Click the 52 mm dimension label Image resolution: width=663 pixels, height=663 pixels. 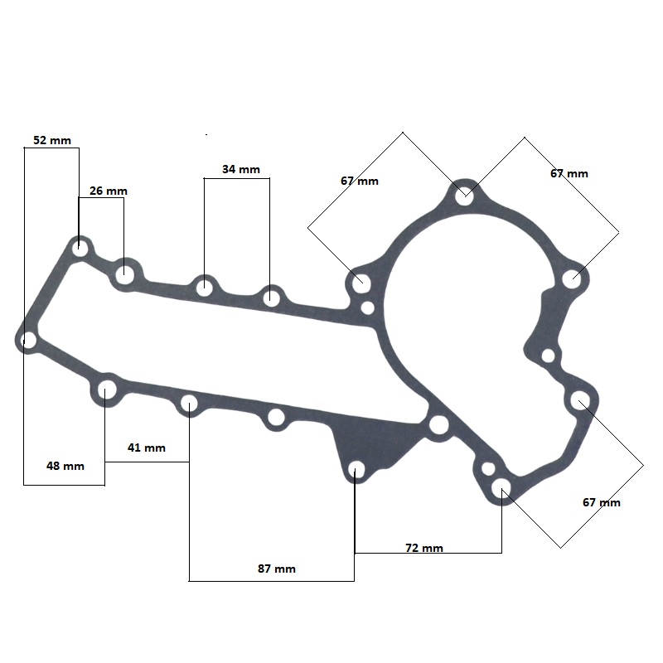[52, 140]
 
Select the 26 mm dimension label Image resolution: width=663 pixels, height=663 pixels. [109, 191]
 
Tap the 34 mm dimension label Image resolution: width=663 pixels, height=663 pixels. [241, 169]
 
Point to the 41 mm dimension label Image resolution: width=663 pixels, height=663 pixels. [147, 448]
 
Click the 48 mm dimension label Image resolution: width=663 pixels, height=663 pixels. [65, 466]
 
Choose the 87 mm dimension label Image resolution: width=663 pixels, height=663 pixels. [277, 569]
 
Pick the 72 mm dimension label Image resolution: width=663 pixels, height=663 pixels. [424, 548]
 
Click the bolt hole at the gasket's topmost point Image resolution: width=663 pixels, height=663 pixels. [464, 196]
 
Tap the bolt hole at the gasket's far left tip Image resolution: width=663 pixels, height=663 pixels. [28, 340]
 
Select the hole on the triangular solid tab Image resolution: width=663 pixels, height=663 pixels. [357, 469]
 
